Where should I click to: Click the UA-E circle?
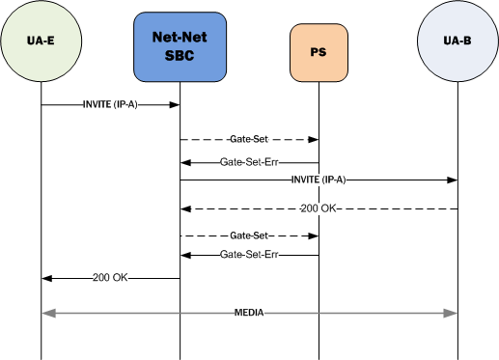41,45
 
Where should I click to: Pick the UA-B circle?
457,45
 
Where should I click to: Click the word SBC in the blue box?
180,55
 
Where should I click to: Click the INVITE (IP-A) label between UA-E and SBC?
109,103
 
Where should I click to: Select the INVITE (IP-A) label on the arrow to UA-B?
318,180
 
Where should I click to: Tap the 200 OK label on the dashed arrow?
319,208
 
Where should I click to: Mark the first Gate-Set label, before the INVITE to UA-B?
249,140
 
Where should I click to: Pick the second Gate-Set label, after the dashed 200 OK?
249,235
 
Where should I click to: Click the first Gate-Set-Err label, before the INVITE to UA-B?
249,161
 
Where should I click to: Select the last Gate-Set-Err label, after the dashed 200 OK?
249,255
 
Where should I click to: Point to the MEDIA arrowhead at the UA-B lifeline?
451,314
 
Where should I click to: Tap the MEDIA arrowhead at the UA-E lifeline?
46,314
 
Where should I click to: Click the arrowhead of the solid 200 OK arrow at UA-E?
46,278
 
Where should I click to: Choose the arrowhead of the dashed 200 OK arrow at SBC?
185,208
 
